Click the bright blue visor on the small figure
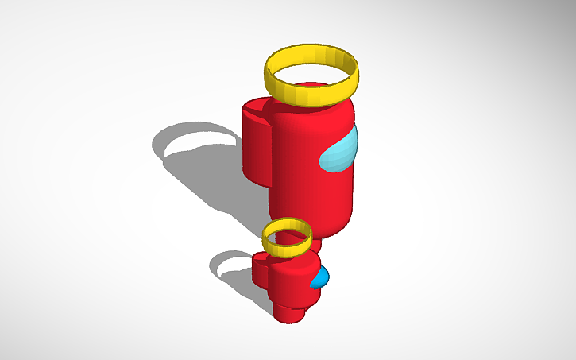tap(320, 277)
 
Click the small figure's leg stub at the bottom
tap(290, 312)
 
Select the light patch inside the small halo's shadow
tap(230, 263)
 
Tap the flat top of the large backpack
tap(257, 108)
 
